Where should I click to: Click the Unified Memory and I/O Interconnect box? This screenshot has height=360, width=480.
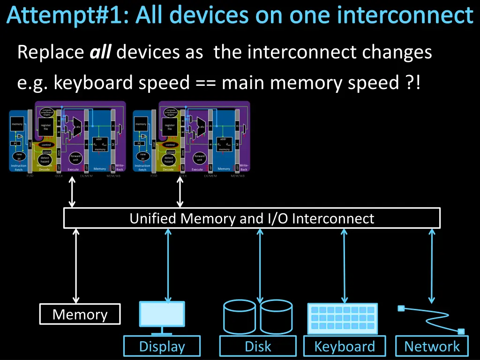[x=252, y=218]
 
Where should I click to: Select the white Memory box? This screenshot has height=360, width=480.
[x=80, y=314]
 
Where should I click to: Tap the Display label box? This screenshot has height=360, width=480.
[x=162, y=347]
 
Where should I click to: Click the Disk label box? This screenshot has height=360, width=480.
[x=258, y=347]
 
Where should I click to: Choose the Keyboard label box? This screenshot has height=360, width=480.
[x=345, y=347]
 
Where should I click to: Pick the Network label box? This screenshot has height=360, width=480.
[x=432, y=347]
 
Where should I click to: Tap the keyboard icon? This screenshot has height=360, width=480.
[x=343, y=318]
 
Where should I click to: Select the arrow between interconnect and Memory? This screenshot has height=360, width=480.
[x=76, y=265]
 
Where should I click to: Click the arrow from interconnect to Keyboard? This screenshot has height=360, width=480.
[x=345, y=265]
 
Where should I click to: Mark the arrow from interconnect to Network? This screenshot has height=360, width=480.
[x=431, y=265]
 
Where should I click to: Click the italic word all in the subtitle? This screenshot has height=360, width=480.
[x=99, y=52]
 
